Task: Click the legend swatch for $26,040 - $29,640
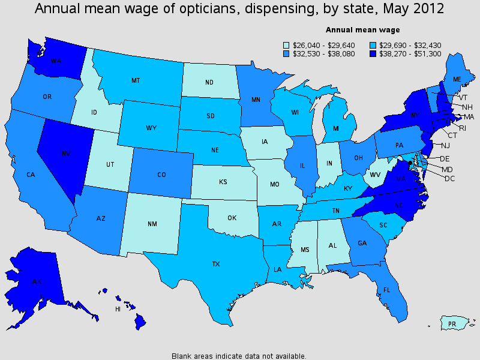[286, 44]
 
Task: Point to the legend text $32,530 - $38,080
[316, 53]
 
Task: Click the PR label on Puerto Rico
[453, 324]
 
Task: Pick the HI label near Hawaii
[118, 309]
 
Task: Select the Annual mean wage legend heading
[363, 29]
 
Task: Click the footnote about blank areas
[239, 355]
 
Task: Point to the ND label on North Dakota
[209, 83]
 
